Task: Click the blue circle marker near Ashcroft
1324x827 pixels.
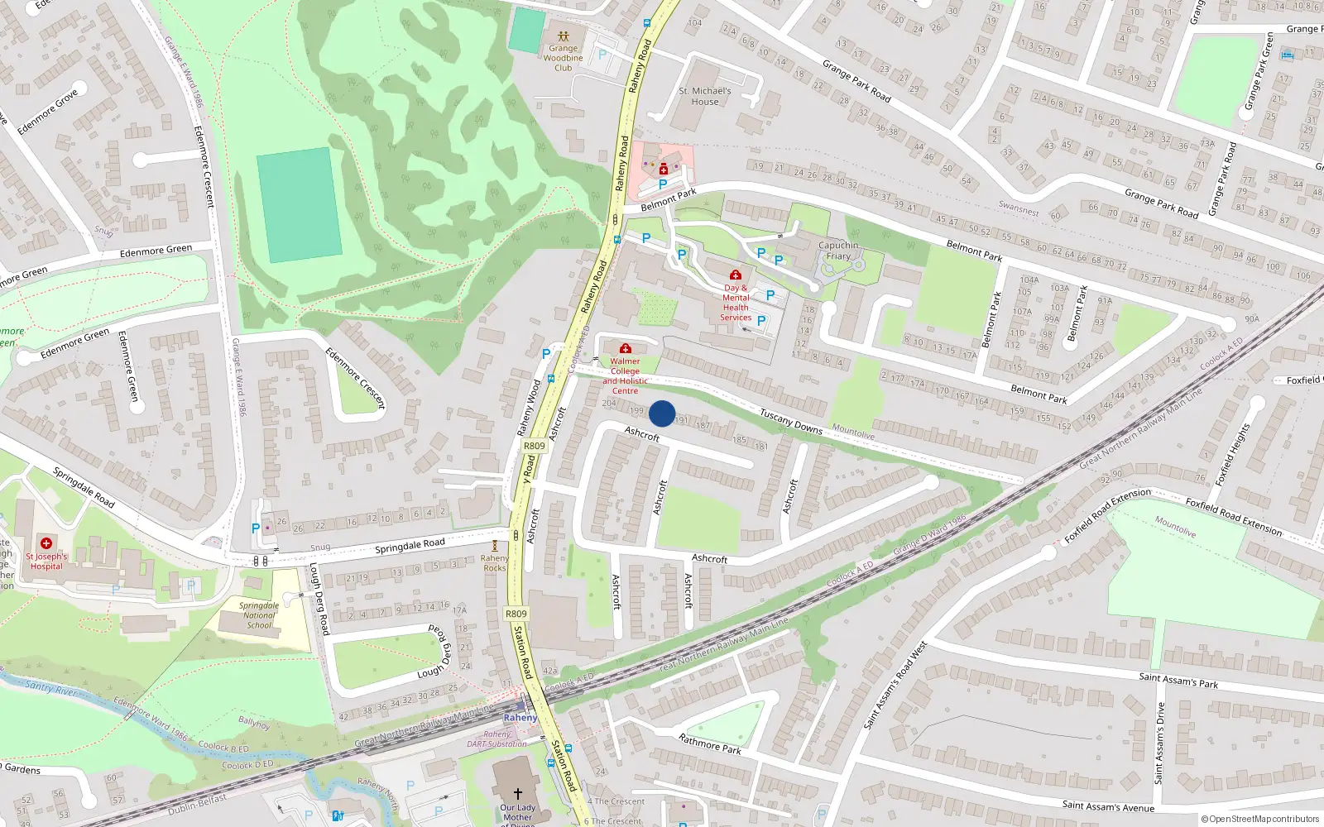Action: click(662, 413)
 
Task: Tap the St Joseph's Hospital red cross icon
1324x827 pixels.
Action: click(46, 543)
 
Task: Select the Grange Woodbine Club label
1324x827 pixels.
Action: click(564, 58)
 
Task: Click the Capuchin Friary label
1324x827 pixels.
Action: click(838, 251)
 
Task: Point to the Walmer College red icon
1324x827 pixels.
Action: click(626, 349)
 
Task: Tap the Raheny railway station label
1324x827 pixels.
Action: click(520, 718)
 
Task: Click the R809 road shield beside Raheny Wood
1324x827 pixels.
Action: click(535, 446)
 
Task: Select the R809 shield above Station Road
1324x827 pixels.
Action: click(516, 614)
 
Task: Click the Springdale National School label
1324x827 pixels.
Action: click(259, 615)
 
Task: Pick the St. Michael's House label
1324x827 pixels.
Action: click(705, 96)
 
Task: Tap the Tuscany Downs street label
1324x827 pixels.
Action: click(791, 422)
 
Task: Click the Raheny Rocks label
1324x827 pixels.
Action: click(495, 563)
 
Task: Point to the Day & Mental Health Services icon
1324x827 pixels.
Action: click(735, 275)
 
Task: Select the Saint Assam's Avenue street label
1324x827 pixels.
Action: click(1108, 806)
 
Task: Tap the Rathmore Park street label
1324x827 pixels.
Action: click(710, 743)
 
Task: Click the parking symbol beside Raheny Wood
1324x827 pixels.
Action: click(546, 354)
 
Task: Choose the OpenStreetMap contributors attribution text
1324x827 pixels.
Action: click(1260, 820)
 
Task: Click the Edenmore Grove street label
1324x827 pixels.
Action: click(48, 112)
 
